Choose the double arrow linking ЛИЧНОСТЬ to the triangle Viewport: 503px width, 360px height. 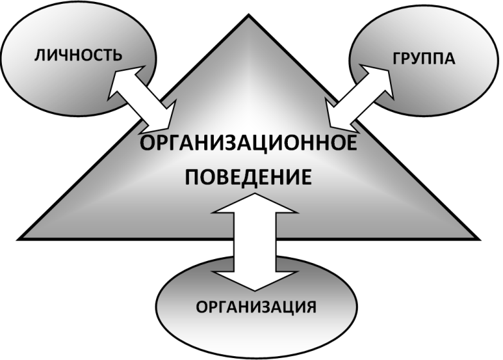click(143, 96)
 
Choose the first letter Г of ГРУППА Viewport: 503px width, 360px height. click(394, 60)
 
